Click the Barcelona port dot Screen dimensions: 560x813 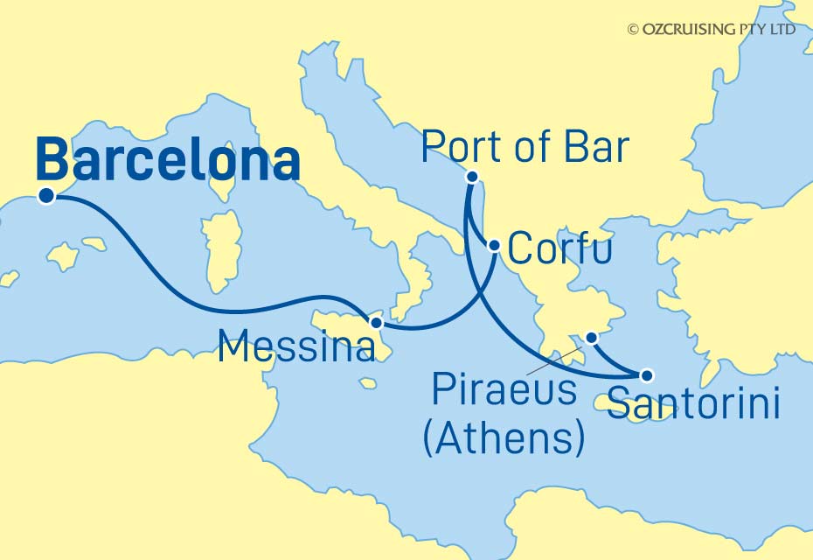click(46, 196)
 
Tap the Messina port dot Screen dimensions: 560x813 click(376, 323)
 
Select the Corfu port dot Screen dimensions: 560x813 click(494, 246)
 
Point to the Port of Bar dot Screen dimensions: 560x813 click(471, 176)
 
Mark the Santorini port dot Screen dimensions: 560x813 click(647, 376)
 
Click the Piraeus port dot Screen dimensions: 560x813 click(592, 337)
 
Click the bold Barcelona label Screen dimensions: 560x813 click(169, 162)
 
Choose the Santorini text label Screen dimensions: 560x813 click(693, 404)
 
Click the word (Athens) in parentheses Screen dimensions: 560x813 click(504, 437)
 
